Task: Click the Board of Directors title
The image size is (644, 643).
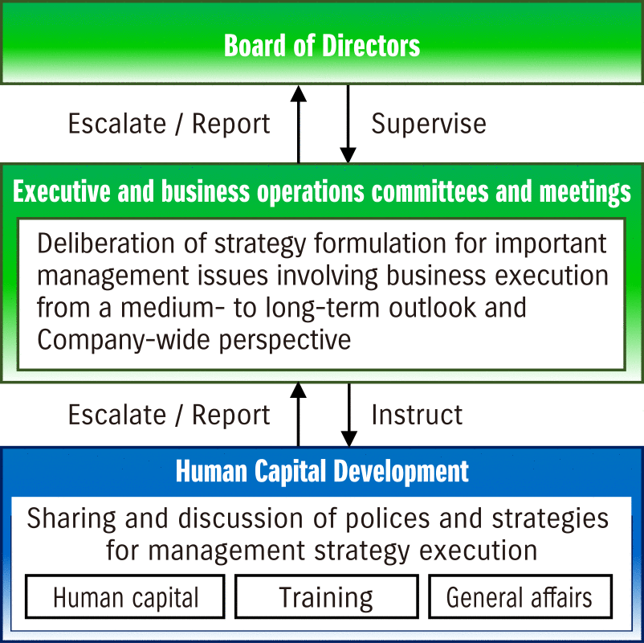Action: click(322, 45)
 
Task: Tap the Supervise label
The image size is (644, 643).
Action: click(429, 124)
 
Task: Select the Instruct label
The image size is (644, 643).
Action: click(417, 415)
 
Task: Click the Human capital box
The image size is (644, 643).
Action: click(125, 596)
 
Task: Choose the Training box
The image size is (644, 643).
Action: click(327, 596)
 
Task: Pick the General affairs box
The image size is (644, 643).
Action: click(520, 596)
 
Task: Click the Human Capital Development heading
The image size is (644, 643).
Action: click(322, 471)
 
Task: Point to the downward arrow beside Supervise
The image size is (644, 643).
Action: click(348, 124)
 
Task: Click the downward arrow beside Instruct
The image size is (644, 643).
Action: click(348, 415)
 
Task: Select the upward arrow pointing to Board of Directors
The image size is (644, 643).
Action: click(299, 124)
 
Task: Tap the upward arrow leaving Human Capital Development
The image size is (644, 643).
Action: click(298, 415)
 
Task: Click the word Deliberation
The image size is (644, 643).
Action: click(105, 243)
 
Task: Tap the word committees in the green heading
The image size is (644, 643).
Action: click(430, 191)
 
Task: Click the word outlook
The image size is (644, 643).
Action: click(433, 308)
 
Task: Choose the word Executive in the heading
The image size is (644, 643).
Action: click(62, 191)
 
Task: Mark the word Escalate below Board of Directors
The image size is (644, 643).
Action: click(117, 124)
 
